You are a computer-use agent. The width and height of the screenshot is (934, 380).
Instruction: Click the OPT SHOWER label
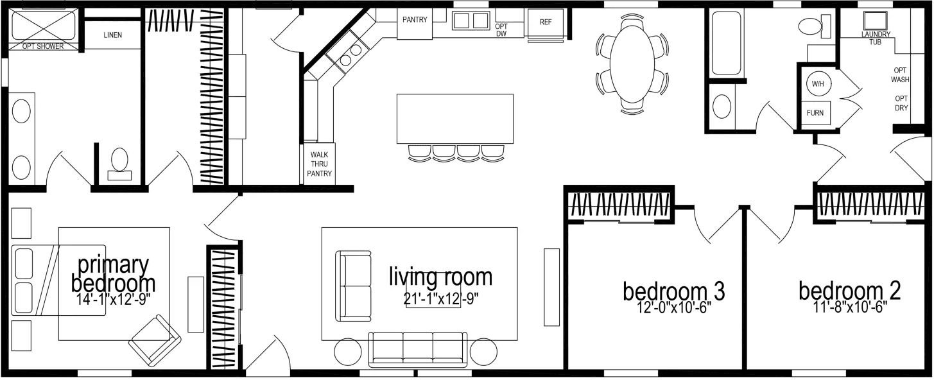pyautogui.click(x=44, y=46)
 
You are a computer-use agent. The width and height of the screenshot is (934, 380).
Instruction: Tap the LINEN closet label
pyautogui.click(x=112, y=35)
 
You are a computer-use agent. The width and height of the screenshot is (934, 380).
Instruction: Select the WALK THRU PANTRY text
pyautogui.click(x=320, y=164)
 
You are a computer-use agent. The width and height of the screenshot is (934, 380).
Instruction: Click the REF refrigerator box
pyautogui.click(x=546, y=22)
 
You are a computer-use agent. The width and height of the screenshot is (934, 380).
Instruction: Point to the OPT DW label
pyautogui.click(x=501, y=30)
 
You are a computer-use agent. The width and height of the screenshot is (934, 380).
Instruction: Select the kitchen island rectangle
pyautogui.click(x=454, y=119)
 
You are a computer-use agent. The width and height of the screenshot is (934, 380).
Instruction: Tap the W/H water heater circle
pyautogui.click(x=817, y=84)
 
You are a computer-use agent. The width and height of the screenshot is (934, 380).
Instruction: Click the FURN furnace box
pyautogui.click(x=815, y=113)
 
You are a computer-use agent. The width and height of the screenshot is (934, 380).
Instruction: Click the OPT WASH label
pyautogui.click(x=901, y=75)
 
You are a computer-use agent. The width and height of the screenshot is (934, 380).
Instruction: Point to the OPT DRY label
pyautogui.click(x=901, y=103)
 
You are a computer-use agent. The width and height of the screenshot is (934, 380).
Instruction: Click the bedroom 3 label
pyautogui.click(x=673, y=291)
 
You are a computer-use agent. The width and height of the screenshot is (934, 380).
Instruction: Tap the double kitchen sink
pyautogui.click(x=471, y=21)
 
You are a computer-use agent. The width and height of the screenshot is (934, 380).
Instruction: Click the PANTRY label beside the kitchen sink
pyautogui.click(x=415, y=20)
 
